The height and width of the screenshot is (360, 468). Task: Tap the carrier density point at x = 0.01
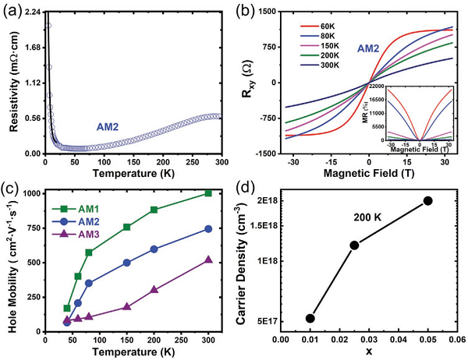coord(310,318)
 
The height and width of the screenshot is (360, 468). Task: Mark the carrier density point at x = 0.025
coord(354,245)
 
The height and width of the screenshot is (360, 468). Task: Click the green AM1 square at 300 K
coord(208,192)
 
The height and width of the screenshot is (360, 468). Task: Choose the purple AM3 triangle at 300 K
coord(208,259)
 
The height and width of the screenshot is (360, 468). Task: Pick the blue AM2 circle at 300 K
coord(208,228)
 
